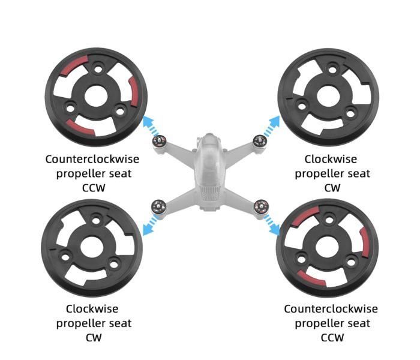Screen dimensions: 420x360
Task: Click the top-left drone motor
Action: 160,141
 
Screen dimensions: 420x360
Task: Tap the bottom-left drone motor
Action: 158,207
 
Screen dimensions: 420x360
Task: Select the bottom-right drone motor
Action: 262,207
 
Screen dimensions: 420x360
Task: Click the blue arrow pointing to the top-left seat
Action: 151,125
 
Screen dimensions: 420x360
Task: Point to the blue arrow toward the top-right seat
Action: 271,125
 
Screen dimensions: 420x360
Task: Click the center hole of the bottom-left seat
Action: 92,247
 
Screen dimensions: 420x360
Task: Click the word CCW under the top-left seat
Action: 94,188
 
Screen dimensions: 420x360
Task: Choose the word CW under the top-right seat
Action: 332,188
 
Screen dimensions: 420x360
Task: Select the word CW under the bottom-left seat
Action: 94,337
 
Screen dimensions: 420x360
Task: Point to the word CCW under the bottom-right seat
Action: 332,337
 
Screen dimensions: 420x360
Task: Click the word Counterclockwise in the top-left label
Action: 92,159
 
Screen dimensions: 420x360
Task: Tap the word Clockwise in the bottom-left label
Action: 92,309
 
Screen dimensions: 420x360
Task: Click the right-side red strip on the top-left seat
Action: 134,91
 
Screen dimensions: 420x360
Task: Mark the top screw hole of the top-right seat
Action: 332,70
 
